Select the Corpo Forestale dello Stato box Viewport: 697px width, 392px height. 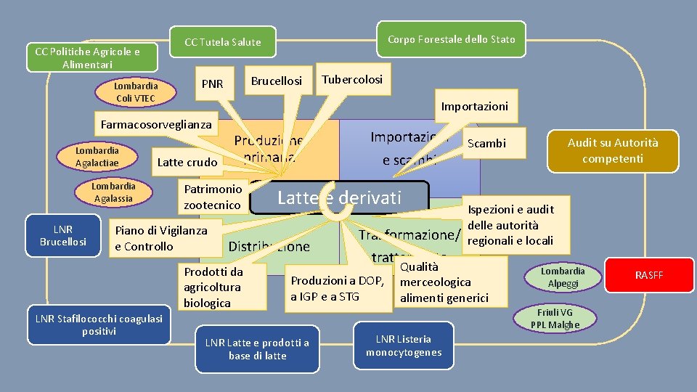(451, 39)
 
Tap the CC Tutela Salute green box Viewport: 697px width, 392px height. (222, 42)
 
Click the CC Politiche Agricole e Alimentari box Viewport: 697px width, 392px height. (87, 58)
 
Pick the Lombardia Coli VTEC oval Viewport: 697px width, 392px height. (136, 92)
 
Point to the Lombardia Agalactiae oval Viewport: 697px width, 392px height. (97, 156)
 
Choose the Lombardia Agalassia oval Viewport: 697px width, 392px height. (113, 192)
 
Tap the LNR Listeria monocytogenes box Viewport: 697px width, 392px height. (404, 346)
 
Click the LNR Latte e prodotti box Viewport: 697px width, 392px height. (257, 349)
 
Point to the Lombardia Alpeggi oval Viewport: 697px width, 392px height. (563, 277)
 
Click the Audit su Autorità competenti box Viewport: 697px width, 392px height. (613, 150)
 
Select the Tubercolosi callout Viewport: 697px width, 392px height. (352, 80)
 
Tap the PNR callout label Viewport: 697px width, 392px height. (212, 84)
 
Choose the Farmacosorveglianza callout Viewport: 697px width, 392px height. (156, 124)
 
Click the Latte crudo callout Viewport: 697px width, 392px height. (187, 162)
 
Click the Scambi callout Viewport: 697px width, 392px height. (486, 144)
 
